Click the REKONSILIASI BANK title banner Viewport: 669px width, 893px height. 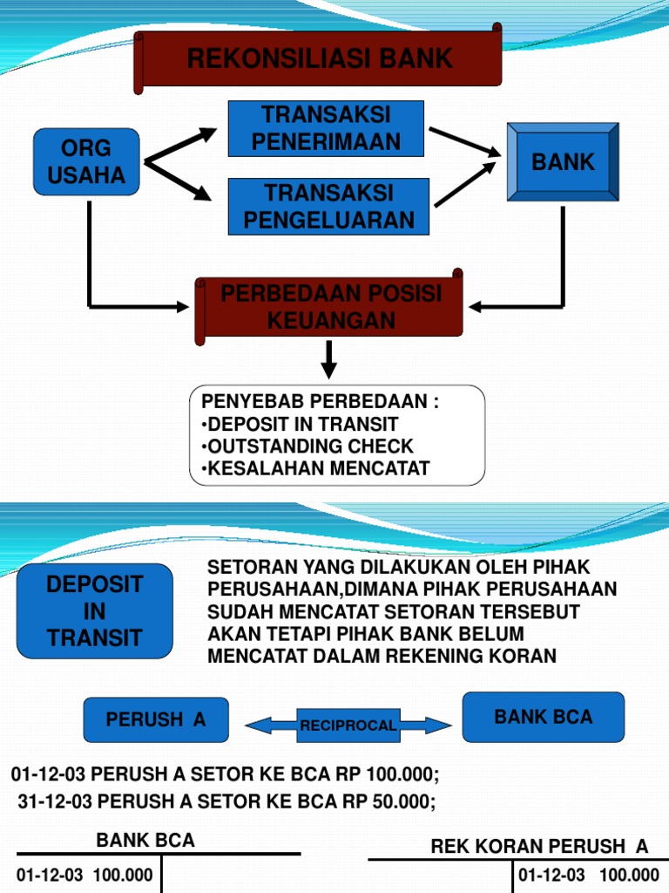[318, 58]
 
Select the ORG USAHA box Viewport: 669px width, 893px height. [86, 161]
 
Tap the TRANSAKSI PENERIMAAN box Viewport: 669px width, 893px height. [326, 128]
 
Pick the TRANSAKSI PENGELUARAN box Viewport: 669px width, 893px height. [328, 206]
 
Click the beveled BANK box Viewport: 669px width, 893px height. [563, 161]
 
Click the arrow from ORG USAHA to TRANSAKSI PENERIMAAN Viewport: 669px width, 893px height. [180, 146]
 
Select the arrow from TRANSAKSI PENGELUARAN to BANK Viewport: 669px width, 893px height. [465, 184]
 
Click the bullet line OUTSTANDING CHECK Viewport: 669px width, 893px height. [307, 446]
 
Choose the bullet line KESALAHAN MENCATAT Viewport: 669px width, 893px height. [315, 468]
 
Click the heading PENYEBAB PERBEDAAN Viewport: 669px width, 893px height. [321, 401]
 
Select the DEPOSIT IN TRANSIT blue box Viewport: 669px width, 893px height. [94, 611]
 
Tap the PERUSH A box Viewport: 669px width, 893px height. [156, 719]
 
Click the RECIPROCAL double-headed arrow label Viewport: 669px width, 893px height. [348, 726]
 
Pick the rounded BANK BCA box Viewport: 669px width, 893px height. [544, 717]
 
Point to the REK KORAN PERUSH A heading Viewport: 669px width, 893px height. [539, 846]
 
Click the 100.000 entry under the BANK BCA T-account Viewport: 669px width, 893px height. [123, 875]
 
